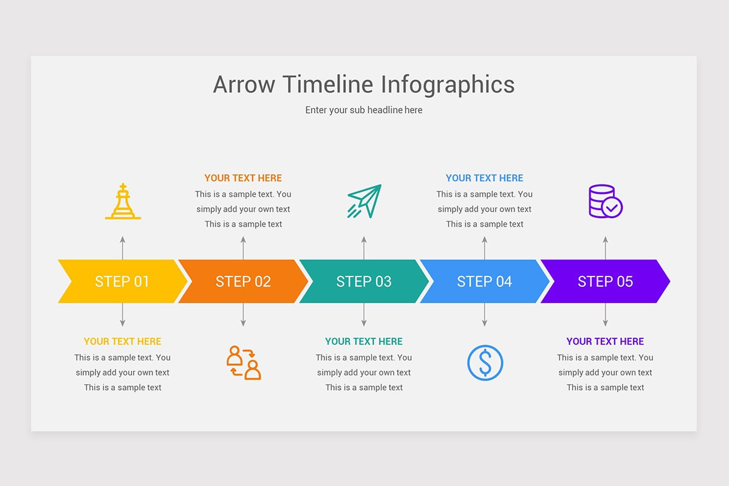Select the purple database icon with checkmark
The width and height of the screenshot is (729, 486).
(x=606, y=201)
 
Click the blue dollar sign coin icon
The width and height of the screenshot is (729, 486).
(x=485, y=363)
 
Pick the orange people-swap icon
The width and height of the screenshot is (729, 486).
(x=244, y=363)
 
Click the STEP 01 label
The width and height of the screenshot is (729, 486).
(x=122, y=281)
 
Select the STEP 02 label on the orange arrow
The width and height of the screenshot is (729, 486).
(x=243, y=281)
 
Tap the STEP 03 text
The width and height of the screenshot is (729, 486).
(x=364, y=281)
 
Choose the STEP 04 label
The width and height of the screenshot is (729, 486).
(x=485, y=281)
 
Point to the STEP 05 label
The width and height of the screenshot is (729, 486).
(x=605, y=281)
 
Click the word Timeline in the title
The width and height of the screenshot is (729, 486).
(x=327, y=84)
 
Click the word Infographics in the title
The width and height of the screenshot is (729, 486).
(x=448, y=85)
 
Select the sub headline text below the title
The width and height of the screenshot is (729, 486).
(x=364, y=110)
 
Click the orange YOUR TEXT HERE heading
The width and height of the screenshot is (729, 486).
(x=243, y=178)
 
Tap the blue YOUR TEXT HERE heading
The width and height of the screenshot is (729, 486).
(x=485, y=178)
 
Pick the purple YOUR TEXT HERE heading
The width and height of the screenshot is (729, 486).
(x=605, y=341)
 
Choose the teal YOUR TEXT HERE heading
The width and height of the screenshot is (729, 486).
(x=364, y=341)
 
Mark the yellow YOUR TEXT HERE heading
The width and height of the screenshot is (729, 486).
(x=122, y=341)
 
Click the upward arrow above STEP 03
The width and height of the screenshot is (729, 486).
(x=364, y=248)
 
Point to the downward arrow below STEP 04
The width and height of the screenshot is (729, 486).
(x=485, y=315)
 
